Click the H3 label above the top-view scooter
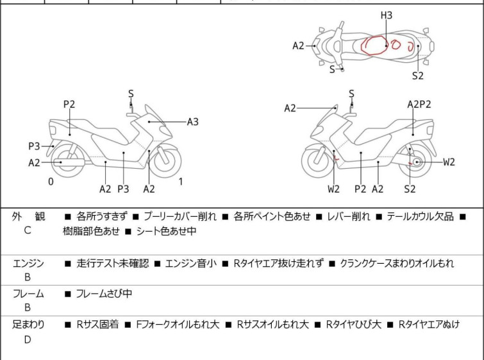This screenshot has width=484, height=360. [387, 15]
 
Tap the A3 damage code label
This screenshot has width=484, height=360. [193, 122]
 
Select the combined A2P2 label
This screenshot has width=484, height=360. [419, 105]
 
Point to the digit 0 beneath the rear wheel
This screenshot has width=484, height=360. [51, 182]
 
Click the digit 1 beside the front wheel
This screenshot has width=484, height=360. [181, 182]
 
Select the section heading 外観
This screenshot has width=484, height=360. [28, 216]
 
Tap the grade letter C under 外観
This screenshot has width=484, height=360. [28, 230]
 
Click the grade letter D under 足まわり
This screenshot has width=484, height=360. [28, 339]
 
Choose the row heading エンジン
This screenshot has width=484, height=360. [28, 264]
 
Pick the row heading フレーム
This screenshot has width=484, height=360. [28, 293]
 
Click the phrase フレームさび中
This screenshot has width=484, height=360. [104, 293]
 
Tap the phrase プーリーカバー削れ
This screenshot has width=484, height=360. [180, 216]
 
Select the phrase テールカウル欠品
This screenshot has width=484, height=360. [420, 216]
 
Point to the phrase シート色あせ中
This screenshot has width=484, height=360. [166, 231]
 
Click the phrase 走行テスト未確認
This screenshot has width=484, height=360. [113, 264]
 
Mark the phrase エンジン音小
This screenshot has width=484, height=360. [191, 264]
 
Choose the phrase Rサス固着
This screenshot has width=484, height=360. [97, 325]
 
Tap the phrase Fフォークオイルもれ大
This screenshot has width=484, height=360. [178, 325]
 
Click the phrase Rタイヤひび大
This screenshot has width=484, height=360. [354, 325]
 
